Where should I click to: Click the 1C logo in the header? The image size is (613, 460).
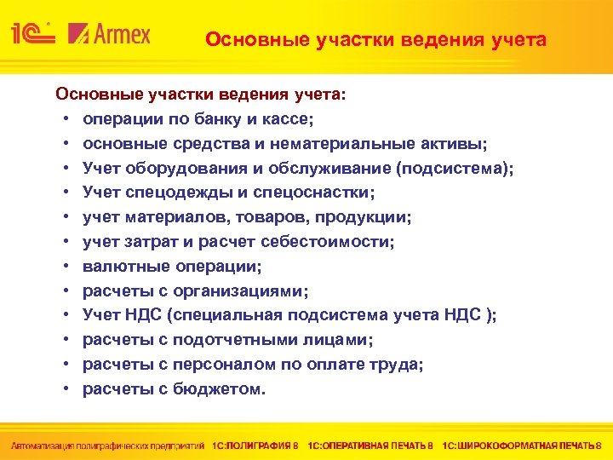(32, 33)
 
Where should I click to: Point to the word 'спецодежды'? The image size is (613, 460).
(163, 193)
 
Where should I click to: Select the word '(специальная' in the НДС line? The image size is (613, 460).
(225, 315)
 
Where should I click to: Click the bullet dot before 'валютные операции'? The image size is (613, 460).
(66, 267)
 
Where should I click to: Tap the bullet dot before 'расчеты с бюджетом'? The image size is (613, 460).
(66, 388)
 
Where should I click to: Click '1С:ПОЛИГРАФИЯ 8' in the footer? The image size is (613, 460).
(255, 445)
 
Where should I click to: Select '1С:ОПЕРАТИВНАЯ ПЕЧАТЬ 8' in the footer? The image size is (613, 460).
(370, 445)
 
